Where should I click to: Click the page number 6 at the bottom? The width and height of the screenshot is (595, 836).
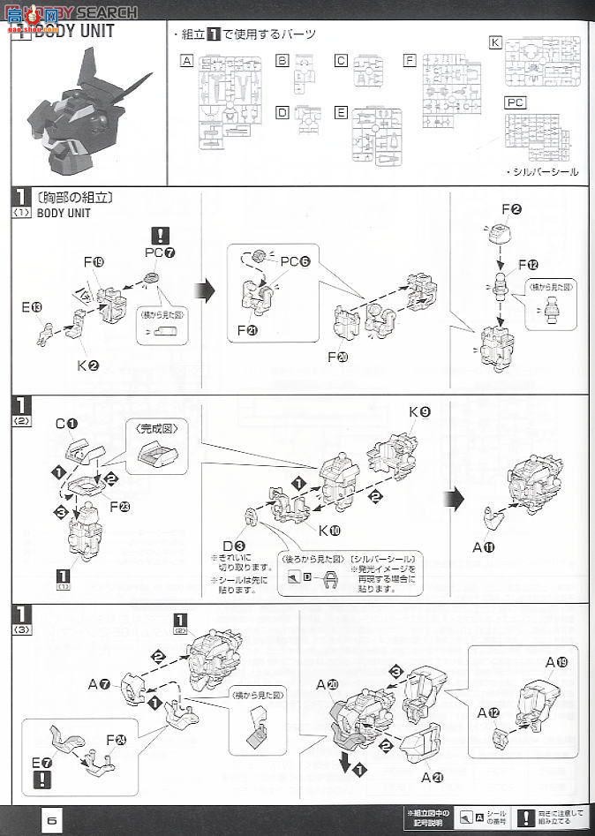52,819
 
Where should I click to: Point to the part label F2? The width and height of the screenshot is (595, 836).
512,210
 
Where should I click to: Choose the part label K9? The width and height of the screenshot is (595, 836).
419,413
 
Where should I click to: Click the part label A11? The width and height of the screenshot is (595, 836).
484,547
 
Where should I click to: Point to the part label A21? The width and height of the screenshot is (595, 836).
433,777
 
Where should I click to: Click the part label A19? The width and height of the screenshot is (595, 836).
556,661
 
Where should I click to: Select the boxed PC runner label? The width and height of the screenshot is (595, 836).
516,102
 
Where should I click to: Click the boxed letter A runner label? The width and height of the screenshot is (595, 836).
186,61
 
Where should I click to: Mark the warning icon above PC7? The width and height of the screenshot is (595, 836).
160,236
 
